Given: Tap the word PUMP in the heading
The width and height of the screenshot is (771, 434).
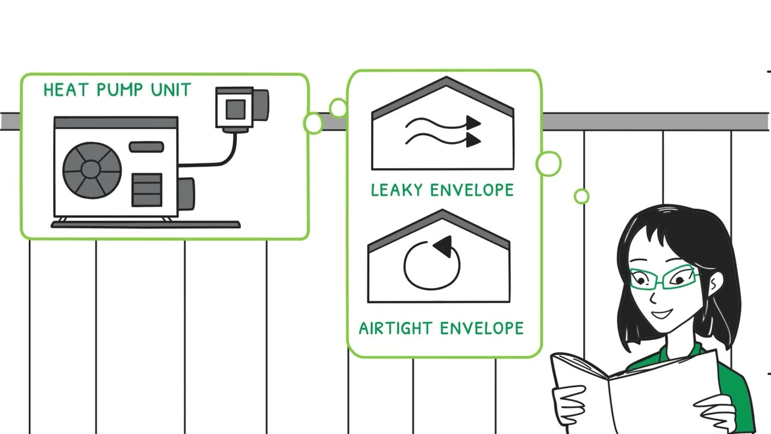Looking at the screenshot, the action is pyautogui.click(x=119, y=90).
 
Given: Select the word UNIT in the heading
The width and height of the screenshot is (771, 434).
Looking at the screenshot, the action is pyautogui.click(x=170, y=90).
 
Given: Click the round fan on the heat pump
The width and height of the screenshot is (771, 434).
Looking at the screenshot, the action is pyautogui.click(x=92, y=170).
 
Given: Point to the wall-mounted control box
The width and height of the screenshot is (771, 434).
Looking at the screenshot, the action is pyautogui.click(x=242, y=109).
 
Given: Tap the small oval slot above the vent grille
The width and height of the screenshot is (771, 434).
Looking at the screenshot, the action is pyautogui.click(x=146, y=146).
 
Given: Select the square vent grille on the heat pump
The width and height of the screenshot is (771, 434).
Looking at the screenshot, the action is pyautogui.click(x=147, y=190).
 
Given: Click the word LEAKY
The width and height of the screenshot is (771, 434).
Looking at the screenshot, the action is pyautogui.click(x=396, y=190).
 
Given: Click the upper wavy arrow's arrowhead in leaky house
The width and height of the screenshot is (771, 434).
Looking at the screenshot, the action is pyautogui.click(x=473, y=123).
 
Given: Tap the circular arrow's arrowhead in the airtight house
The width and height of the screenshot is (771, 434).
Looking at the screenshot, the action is pyautogui.click(x=443, y=246).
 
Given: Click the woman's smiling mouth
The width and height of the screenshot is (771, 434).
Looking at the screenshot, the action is pyautogui.click(x=662, y=314).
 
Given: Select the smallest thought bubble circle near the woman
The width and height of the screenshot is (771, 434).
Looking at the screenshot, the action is pyautogui.click(x=582, y=197).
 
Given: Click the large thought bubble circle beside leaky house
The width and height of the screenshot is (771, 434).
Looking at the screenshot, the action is pyautogui.click(x=549, y=163).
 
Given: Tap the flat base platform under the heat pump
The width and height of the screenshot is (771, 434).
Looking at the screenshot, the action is pyautogui.click(x=146, y=225).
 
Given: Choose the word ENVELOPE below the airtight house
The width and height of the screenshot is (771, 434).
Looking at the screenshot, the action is pyautogui.click(x=482, y=329).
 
